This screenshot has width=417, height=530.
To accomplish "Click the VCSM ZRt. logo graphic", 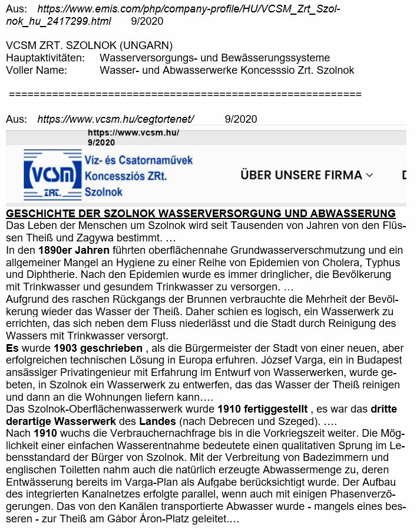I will [x=52, y=175].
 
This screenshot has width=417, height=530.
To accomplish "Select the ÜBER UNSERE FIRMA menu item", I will [x=301, y=175].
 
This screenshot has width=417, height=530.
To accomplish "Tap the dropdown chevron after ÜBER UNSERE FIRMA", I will [x=370, y=175].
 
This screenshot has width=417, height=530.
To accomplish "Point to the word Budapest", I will [x=370, y=360].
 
